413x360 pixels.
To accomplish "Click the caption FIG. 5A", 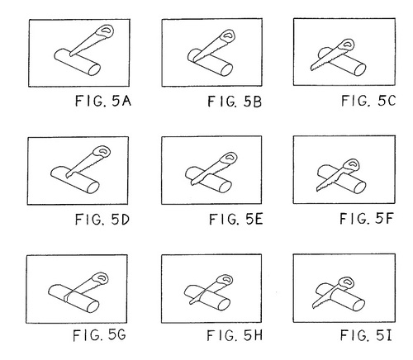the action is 103,101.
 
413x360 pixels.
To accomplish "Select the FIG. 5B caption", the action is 235,102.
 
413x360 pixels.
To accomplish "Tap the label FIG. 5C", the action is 368,101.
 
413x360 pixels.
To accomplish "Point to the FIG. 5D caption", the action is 102,220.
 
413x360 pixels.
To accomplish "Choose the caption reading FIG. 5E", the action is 236,220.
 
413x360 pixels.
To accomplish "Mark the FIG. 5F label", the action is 366,219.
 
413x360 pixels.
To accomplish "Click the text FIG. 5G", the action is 99,335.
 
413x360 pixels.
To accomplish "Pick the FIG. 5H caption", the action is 235,335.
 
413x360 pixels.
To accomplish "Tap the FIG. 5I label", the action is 366,335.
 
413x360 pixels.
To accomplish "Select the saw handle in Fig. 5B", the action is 228,36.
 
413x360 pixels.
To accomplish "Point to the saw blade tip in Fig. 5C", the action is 311,69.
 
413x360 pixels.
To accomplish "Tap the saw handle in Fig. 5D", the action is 102,152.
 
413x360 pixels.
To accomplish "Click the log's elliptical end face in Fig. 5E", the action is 225,187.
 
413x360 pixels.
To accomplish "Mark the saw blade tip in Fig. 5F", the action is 317,190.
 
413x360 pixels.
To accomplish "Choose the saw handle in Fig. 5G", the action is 101,278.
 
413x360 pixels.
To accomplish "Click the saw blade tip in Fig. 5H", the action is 190,303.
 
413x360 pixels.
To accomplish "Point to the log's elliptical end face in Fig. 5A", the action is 94,69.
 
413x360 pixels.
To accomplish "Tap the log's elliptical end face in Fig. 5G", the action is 93,307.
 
